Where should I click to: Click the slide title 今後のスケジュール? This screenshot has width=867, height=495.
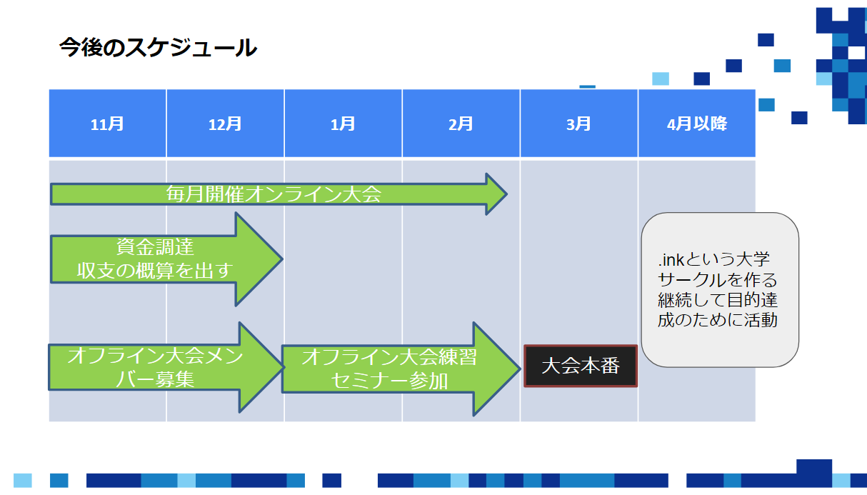158,48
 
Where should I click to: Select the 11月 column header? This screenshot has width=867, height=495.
107,124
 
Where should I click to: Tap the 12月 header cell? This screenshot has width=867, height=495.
225,124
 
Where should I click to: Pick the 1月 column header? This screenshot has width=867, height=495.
343,124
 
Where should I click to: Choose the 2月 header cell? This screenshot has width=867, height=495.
461,124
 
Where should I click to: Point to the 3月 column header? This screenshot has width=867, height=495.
578,124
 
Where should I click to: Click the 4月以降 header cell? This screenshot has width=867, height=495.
696,124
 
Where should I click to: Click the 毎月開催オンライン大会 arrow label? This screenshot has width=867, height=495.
274,194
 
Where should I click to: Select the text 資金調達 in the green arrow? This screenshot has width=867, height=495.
155,248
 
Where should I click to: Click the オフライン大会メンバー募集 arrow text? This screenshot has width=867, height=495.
155,367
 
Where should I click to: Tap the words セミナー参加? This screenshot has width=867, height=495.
389,381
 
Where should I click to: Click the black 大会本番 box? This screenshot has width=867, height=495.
580,366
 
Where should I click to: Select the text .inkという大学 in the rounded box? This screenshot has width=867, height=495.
714,259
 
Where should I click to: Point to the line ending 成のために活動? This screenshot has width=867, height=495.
718,319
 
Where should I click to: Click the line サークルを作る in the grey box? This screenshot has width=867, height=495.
718,279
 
